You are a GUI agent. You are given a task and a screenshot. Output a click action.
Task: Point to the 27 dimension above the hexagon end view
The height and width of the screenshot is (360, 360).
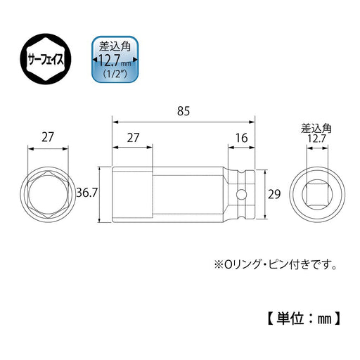tap(49, 137)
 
